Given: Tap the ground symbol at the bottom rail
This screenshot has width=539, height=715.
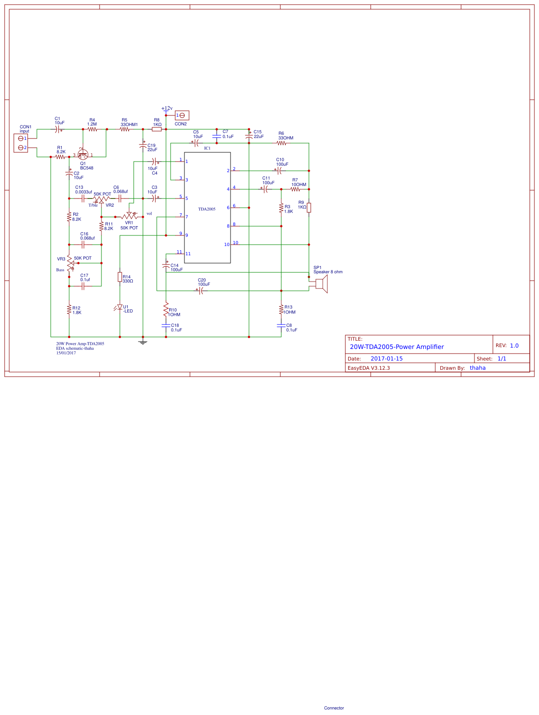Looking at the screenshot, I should (x=143, y=342).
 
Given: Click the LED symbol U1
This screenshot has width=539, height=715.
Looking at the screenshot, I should (x=120, y=307).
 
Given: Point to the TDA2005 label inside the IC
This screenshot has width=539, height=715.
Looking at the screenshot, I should (x=207, y=209).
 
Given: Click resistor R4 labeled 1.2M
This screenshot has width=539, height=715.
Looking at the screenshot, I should (x=92, y=129).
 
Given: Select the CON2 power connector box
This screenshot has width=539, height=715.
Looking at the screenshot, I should (x=182, y=115).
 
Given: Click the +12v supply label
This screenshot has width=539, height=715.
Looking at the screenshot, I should (x=167, y=108).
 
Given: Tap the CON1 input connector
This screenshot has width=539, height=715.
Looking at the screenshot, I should (x=21, y=143).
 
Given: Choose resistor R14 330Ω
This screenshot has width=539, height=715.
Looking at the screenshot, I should (x=120, y=277).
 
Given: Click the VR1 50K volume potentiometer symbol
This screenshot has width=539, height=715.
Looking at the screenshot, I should (x=129, y=216).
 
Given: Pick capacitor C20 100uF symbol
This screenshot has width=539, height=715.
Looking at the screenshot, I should (x=201, y=291).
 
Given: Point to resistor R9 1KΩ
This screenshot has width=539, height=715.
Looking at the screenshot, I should (x=309, y=208).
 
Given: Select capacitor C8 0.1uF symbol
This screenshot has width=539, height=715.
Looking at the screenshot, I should (x=281, y=325).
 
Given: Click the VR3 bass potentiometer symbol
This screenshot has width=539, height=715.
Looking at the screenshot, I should (x=70, y=264).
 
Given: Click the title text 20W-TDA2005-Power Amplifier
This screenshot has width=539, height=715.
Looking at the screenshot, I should (x=397, y=347).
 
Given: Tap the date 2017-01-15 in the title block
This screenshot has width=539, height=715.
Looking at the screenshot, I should (x=386, y=359).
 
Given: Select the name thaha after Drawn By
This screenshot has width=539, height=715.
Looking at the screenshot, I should (x=478, y=368).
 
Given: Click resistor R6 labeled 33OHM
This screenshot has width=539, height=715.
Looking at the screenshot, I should (x=282, y=143).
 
